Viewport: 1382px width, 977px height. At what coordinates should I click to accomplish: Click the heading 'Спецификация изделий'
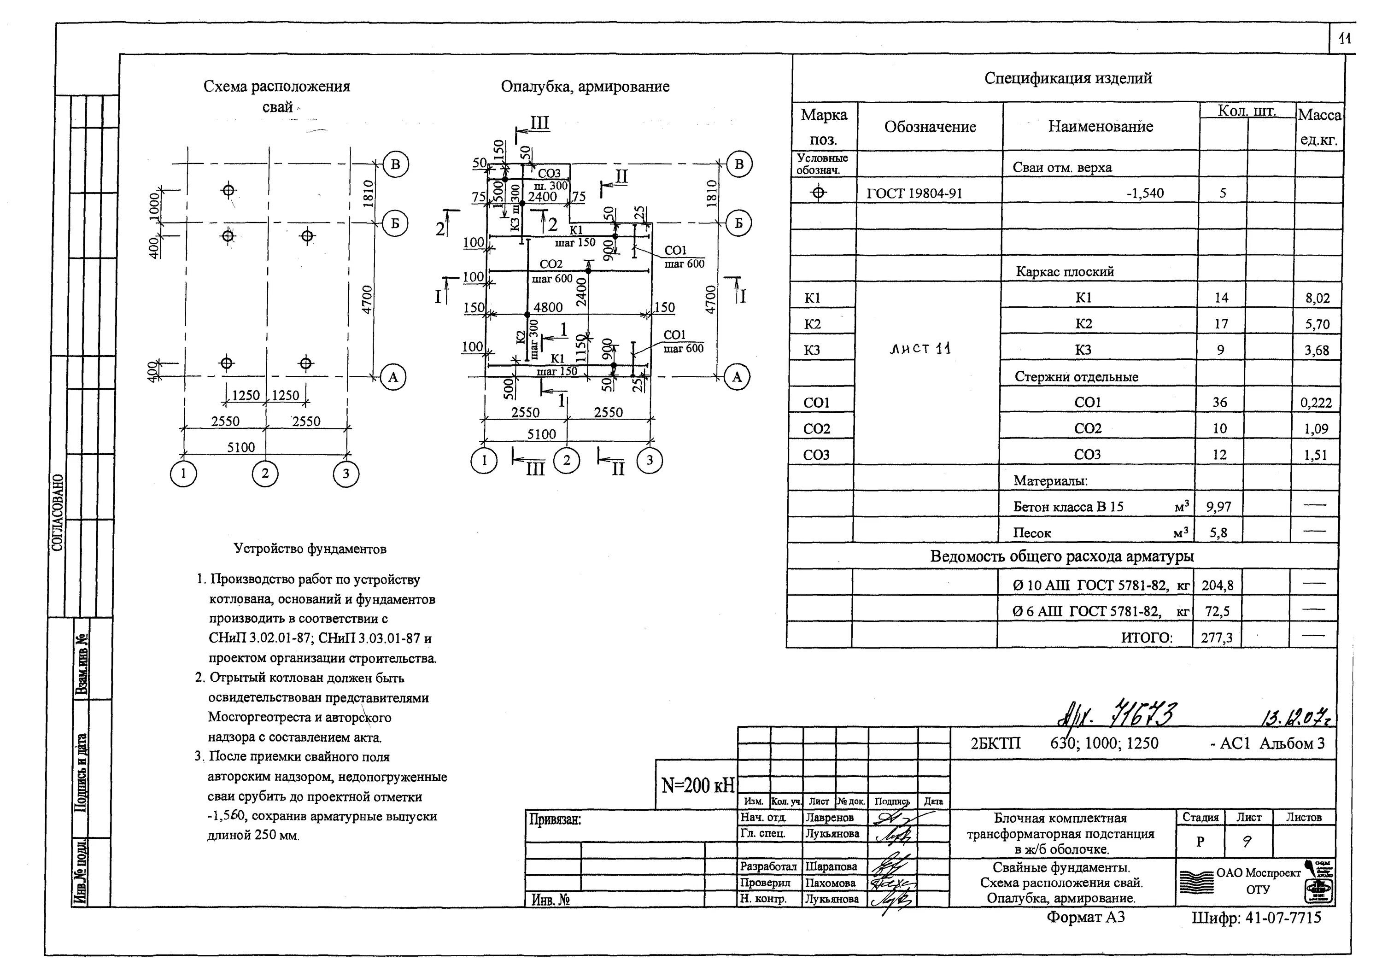[1068, 78]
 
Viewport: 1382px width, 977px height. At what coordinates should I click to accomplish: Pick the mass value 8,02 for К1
[1317, 298]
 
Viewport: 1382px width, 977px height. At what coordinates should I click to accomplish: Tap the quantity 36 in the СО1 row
[1219, 402]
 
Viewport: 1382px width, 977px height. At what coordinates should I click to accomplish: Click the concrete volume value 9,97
[1218, 507]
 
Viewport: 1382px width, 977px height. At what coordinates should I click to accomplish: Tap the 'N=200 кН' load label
[697, 785]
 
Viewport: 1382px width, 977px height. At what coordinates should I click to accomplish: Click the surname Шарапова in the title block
[831, 867]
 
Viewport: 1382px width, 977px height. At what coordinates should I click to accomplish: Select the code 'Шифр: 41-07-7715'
[1256, 918]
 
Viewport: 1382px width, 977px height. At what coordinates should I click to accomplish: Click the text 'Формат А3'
[1085, 917]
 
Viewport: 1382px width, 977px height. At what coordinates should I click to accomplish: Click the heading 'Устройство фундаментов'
[310, 549]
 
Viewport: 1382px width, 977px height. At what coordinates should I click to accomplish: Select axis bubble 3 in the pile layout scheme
[345, 474]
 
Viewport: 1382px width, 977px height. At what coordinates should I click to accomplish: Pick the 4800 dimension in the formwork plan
[548, 307]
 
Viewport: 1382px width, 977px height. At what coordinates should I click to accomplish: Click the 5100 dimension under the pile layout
[241, 447]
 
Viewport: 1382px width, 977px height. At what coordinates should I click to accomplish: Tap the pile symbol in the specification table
[818, 193]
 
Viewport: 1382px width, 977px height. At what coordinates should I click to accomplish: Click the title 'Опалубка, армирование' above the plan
[585, 87]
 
